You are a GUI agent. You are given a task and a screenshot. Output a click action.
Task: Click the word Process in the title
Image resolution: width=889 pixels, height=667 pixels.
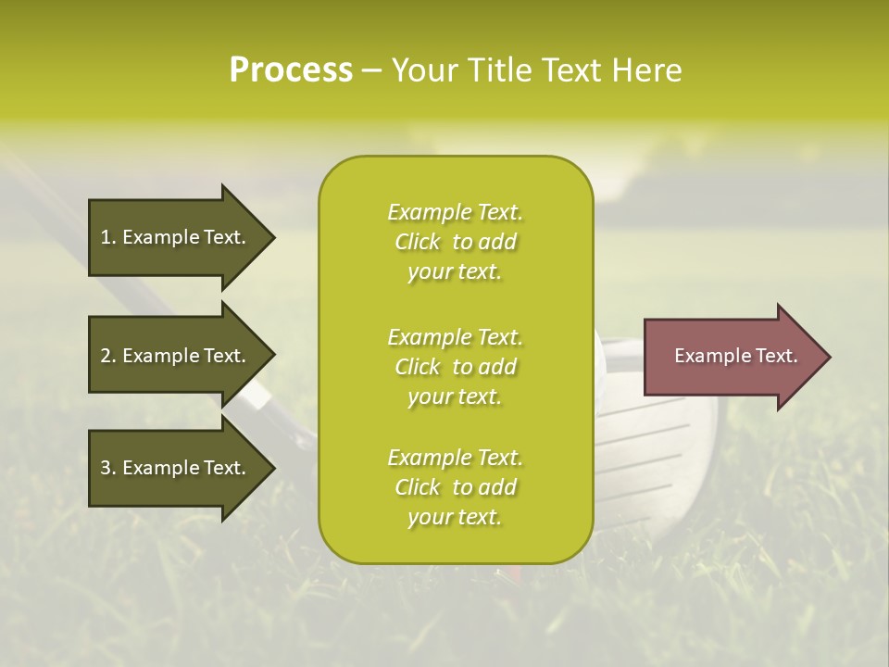[291, 69]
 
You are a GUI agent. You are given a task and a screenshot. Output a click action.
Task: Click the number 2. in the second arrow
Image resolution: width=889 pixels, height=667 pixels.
[108, 356]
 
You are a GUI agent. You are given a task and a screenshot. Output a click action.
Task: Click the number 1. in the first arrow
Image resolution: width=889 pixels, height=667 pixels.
[108, 237]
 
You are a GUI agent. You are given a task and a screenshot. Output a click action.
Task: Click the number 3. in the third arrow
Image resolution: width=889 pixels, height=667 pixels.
[108, 468]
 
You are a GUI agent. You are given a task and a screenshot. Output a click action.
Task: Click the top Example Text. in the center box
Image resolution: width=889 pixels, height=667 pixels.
[455, 212]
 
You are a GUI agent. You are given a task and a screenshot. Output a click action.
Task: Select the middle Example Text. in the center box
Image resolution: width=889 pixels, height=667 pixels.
[455, 337]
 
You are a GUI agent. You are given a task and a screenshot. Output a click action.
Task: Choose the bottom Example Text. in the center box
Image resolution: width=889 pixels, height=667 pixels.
[455, 458]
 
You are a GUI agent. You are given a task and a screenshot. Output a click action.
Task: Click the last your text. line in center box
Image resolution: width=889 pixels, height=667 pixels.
[455, 518]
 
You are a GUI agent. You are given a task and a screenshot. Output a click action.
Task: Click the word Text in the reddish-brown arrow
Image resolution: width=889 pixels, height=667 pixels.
[775, 356]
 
